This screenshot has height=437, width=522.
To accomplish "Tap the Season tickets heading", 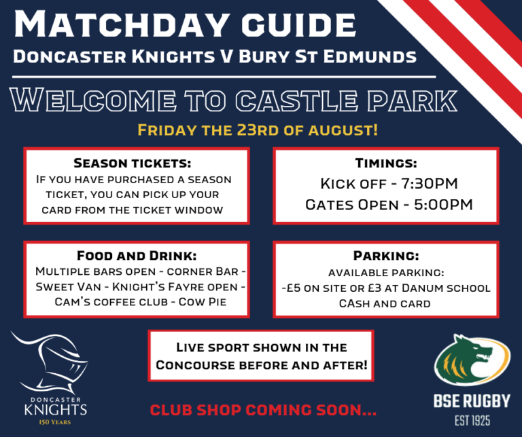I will click(133, 164).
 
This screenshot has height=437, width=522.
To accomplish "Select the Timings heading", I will click(386, 164).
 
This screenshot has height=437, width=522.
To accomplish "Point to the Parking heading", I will click(385, 256).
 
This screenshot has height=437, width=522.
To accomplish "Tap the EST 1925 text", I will click(472, 421).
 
